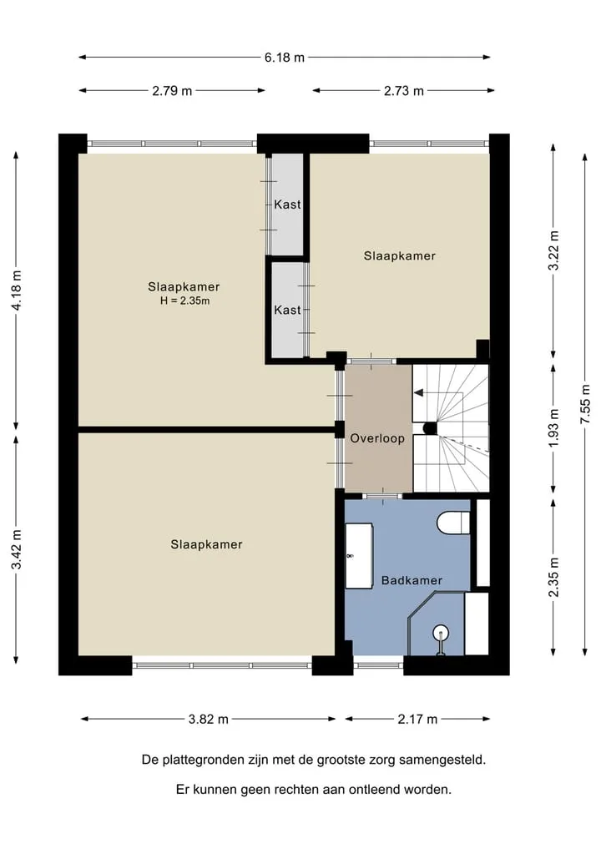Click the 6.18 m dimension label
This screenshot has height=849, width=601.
[285, 58]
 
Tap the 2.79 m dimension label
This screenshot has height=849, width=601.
[172, 91]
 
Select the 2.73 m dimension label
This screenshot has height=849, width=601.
[403, 91]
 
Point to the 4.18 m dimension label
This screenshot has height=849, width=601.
[17, 291]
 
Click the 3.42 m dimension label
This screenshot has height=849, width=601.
[17, 549]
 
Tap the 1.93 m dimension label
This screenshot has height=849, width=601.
[553, 428]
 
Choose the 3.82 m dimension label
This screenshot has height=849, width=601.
[208, 720]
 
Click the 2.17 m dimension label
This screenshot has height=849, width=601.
[417, 720]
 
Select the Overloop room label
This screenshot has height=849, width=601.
[377, 438]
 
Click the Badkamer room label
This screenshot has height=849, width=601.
[412, 580]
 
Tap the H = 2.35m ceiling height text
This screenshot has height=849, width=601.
[184, 301]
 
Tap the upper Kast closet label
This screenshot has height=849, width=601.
[287, 205]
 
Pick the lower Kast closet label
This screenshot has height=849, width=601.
[287, 311]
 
